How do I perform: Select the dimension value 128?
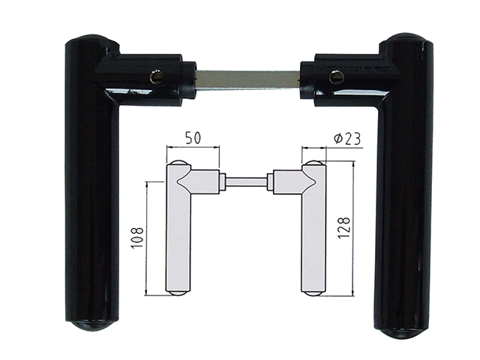tap(343, 227)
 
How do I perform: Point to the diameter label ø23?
tap(346, 139)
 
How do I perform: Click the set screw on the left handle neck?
tap(155, 76)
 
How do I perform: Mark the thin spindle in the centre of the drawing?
tap(247, 181)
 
